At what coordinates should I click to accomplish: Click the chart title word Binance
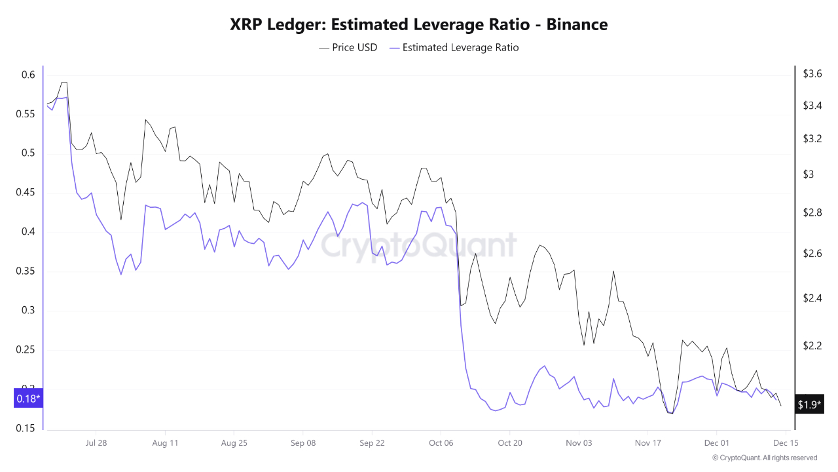tap(577, 25)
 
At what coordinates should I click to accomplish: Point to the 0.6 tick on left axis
tap(27, 75)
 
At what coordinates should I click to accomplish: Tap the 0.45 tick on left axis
tap(25, 193)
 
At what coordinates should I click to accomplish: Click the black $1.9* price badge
tap(809, 405)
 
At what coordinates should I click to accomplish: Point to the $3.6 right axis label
tap(812, 74)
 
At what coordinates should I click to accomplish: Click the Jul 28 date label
tap(96, 443)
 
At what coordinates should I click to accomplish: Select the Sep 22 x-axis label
tap(371, 443)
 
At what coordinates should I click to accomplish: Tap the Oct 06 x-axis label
tap(441, 443)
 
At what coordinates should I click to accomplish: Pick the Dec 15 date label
tap(784, 443)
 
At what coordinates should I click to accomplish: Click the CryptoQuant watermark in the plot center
tap(418, 246)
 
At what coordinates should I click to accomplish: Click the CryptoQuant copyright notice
tap(765, 458)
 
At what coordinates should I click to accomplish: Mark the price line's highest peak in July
tap(64, 83)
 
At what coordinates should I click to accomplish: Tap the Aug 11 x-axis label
tap(165, 443)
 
